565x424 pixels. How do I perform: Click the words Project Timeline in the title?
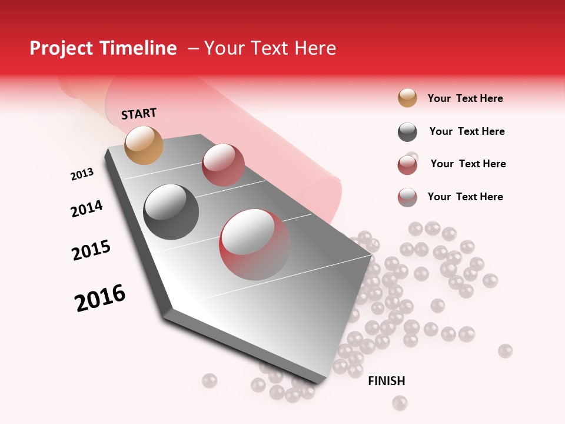point(103,48)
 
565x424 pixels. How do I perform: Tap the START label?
point(139,114)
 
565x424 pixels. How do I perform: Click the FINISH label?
point(386,381)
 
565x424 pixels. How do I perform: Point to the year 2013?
point(82,174)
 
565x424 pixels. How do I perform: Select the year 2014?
point(87,208)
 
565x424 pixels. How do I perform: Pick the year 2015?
point(91,250)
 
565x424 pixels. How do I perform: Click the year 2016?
point(100,297)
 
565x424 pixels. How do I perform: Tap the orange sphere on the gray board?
point(144,145)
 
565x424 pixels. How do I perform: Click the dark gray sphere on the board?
point(171,211)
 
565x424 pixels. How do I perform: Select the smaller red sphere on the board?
point(223,164)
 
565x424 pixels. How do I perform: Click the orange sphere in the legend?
point(407,98)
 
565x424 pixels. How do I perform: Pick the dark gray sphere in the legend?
point(407,132)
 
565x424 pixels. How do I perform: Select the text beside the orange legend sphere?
point(465,98)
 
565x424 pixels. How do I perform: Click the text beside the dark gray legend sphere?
point(467,131)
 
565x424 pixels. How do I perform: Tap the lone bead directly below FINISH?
point(400,403)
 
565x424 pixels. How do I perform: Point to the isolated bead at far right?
point(505,351)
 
